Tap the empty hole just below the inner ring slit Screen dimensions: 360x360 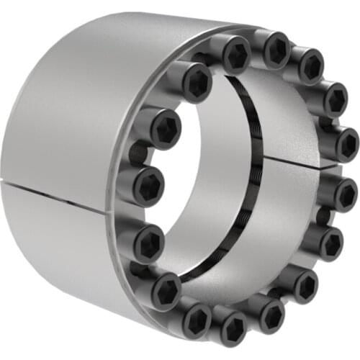tap(330, 174)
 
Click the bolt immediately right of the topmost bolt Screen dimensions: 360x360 tap(309, 63)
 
